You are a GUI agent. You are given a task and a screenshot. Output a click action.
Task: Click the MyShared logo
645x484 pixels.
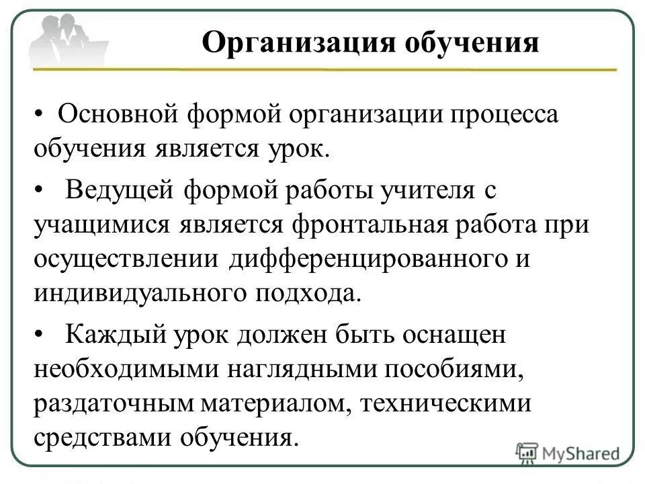pos(568,452)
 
